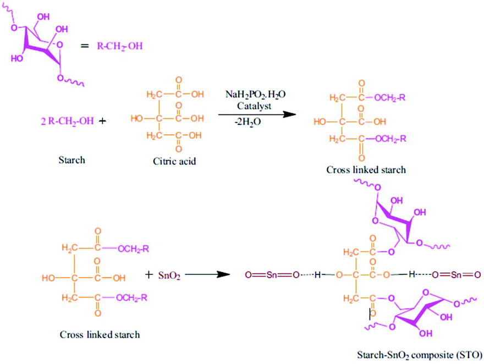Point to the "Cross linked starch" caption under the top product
[x=366, y=169]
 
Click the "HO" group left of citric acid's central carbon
[x=138, y=118]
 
